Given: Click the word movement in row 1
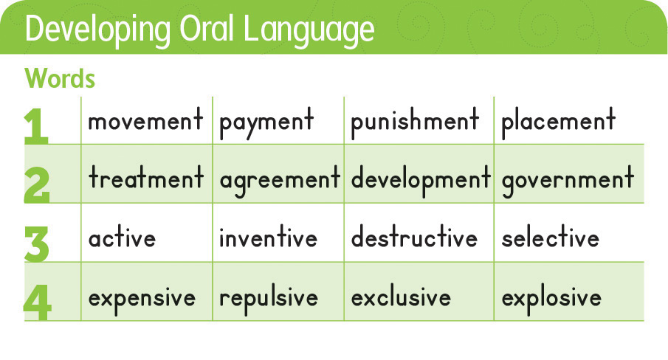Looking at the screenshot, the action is (145, 120).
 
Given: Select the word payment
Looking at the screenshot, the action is (266, 122).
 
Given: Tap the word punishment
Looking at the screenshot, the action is (415, 122).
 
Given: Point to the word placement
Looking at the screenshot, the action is (559, 122).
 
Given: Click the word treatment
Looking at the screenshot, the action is (146, 178).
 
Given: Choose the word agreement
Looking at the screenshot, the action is (280, 181).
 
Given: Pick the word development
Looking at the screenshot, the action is (421, 181).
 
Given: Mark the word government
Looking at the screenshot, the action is (568, 181).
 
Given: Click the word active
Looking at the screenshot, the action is (123, 236).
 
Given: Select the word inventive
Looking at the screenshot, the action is (269, 236).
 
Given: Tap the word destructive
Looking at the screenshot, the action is (414, 236).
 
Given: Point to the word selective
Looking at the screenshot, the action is (551, 236).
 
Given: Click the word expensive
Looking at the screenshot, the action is (142, 298).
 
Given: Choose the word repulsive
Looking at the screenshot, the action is (269, 298).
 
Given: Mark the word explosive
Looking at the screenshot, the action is (551, 298).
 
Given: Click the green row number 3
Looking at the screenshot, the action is (37, 243).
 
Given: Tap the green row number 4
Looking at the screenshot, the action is (38, 302).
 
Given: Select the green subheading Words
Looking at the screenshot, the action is (60, 78).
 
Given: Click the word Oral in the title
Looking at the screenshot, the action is (206, 29).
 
